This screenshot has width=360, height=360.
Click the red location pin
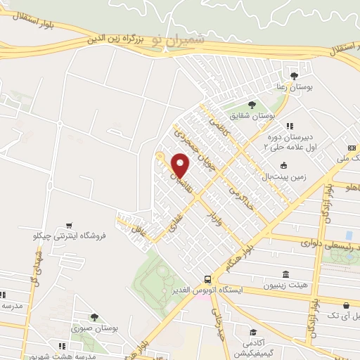[181, 167]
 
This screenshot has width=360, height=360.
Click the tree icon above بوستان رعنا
[293, 75]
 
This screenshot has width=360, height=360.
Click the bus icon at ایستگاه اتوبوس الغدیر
[207, 278]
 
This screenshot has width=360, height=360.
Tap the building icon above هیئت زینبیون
[285, 274]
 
